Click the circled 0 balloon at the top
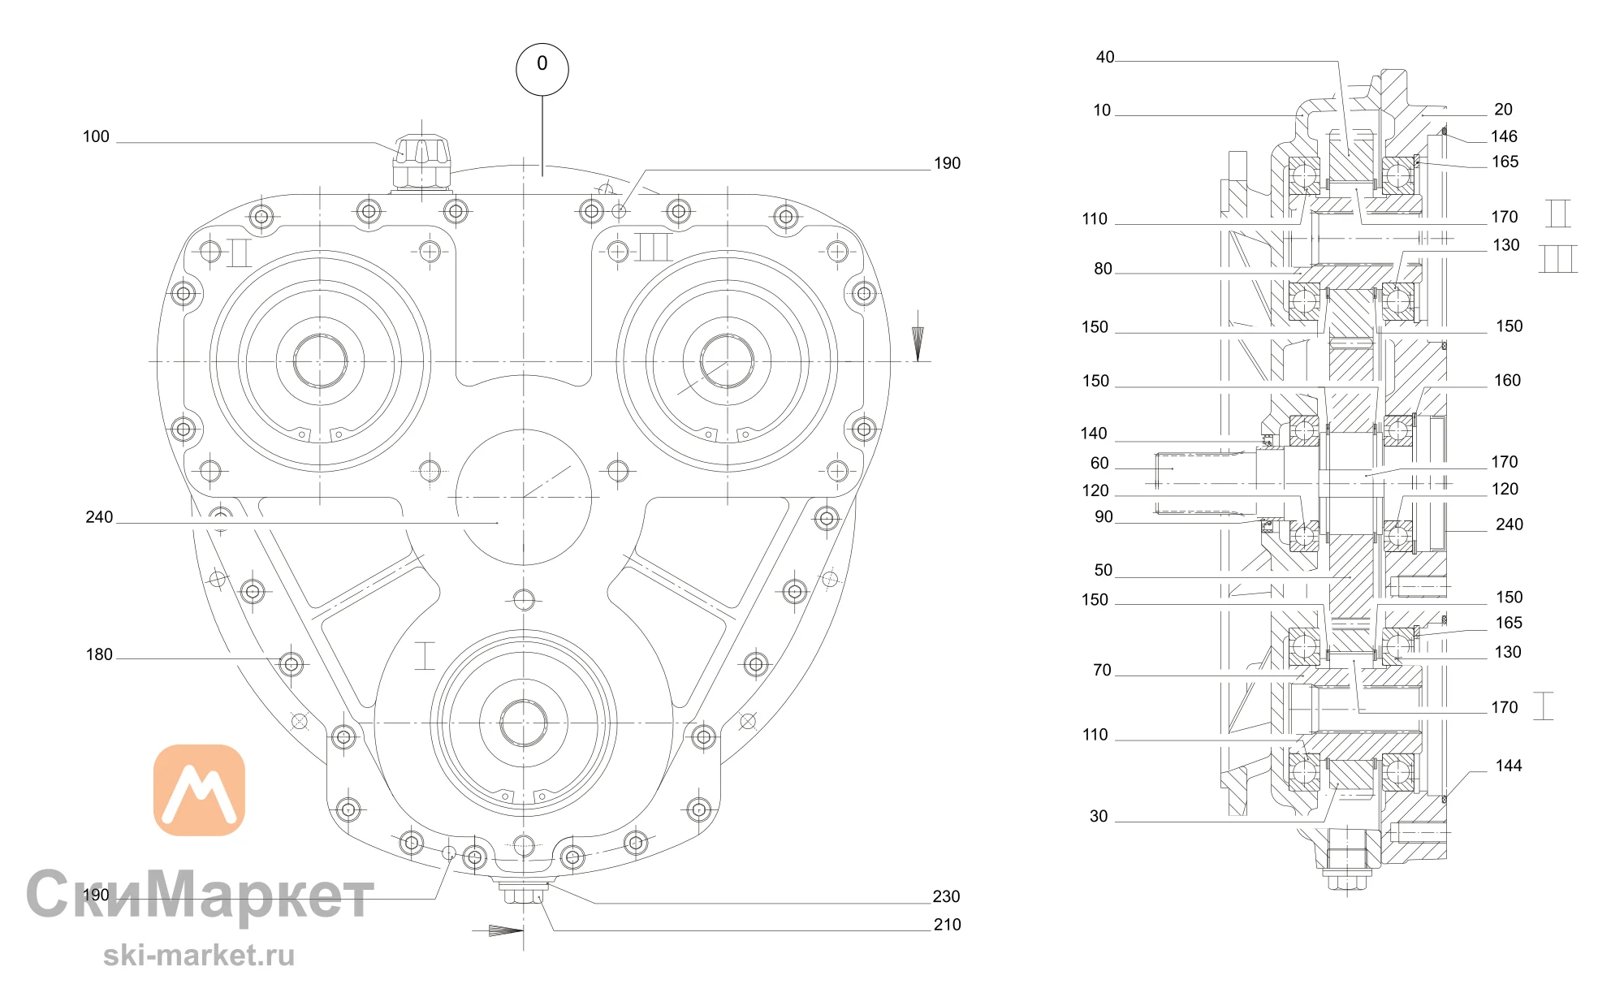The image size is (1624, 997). (542, 70)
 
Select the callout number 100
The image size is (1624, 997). (96, 136)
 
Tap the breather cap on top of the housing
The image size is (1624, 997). (421, 163)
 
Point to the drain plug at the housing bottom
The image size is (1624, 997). (524, 891)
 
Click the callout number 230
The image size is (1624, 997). (946, 896)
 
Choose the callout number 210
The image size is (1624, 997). (947, 925)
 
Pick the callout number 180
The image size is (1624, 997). (99, 654)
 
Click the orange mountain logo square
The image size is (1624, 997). (199, 790)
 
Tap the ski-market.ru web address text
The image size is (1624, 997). (199, 956)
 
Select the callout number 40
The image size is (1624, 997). (1105, 57)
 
